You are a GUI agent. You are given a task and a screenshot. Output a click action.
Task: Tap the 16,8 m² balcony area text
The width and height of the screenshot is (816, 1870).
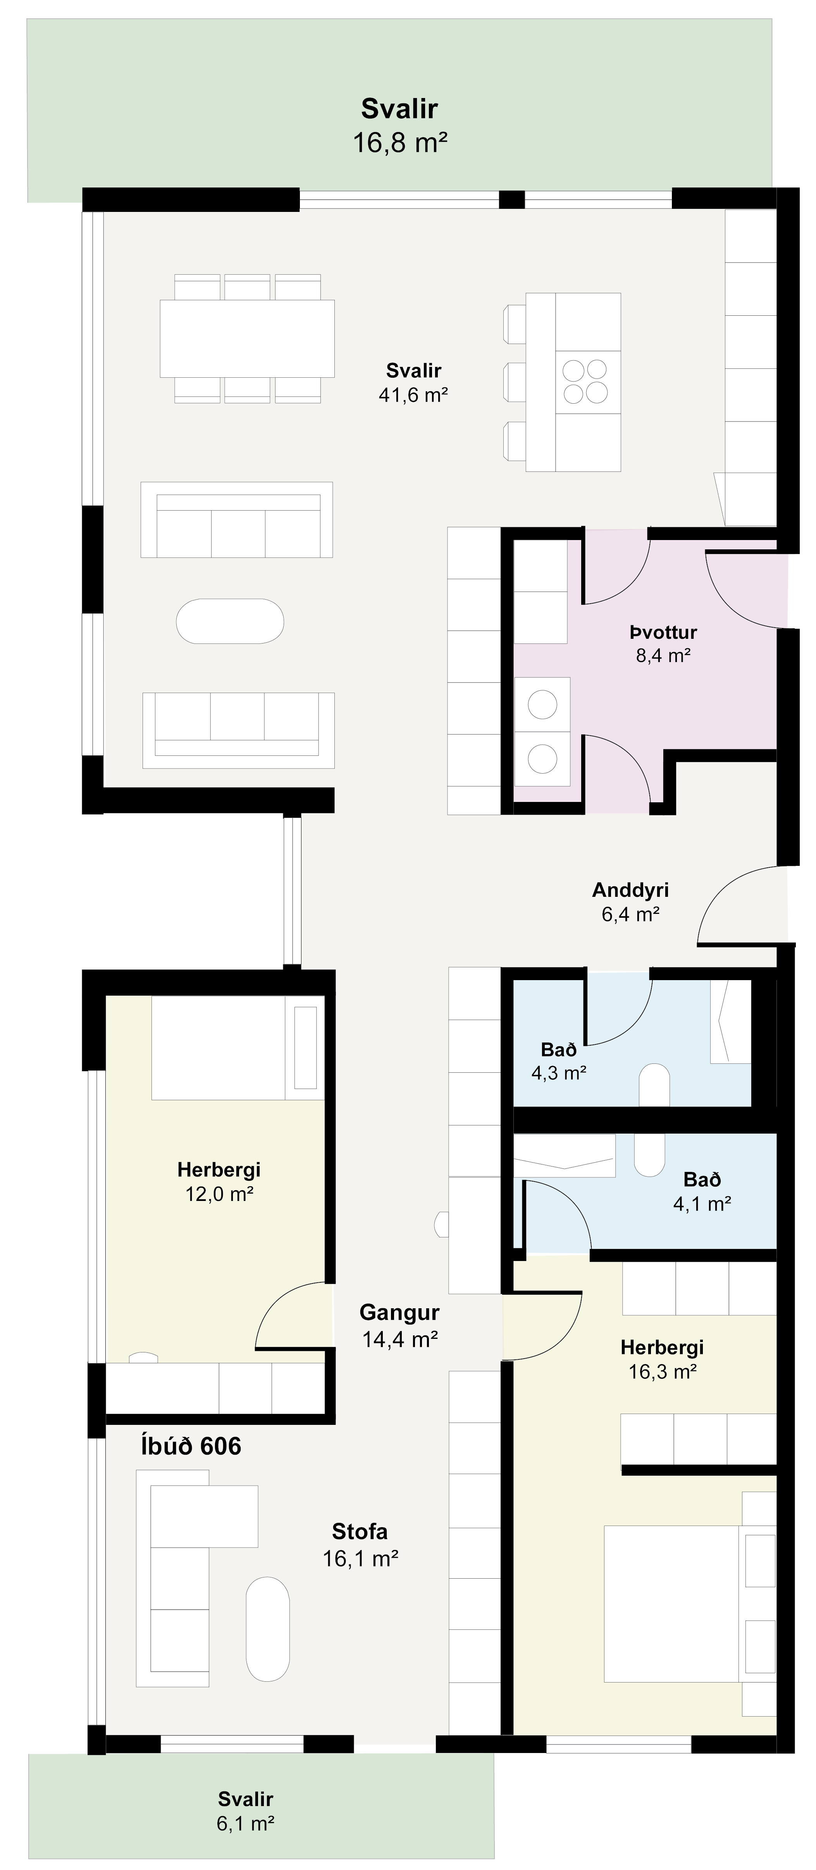tap(399, 142)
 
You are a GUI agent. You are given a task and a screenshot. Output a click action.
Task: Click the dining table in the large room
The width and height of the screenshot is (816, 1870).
tap(248, 338)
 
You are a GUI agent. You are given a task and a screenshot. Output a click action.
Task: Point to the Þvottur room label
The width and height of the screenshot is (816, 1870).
tap(663, 632)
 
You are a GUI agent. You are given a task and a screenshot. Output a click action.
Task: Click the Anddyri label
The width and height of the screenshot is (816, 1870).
tap(630, 890)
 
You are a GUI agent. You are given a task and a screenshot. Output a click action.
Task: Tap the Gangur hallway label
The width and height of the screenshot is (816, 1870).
tap(399, 1313)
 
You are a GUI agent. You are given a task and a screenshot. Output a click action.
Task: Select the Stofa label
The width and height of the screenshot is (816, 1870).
tap(359, 1532)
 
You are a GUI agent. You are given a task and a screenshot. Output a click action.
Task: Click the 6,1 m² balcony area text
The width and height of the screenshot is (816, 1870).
tap(245, 1824)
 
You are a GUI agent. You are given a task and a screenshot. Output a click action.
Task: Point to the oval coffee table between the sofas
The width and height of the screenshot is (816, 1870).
tap(230, 621)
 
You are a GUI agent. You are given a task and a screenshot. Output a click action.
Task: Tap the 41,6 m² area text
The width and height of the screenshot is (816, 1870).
tap(413, 395)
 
